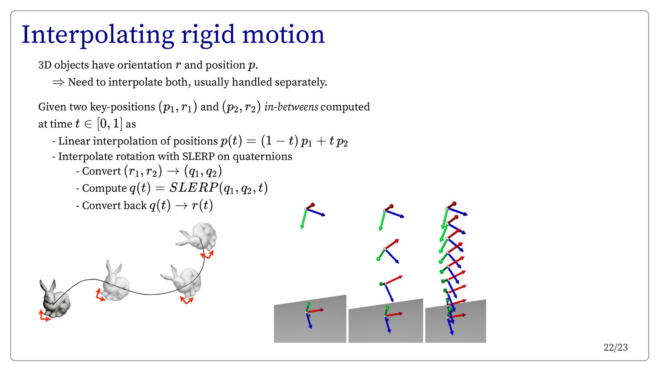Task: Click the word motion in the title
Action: (283, 35)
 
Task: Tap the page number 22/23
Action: (615, 348)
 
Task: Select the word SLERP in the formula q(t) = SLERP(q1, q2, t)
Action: (193, 188)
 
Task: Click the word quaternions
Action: (262, 156)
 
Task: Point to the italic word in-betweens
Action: (291, 107)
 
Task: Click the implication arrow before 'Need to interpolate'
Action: (58, 82)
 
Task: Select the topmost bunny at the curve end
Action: (196, 236)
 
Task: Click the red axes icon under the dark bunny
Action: (44, 316)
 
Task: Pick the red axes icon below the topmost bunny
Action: (207, 255)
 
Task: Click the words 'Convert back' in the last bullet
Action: (114, 205)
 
